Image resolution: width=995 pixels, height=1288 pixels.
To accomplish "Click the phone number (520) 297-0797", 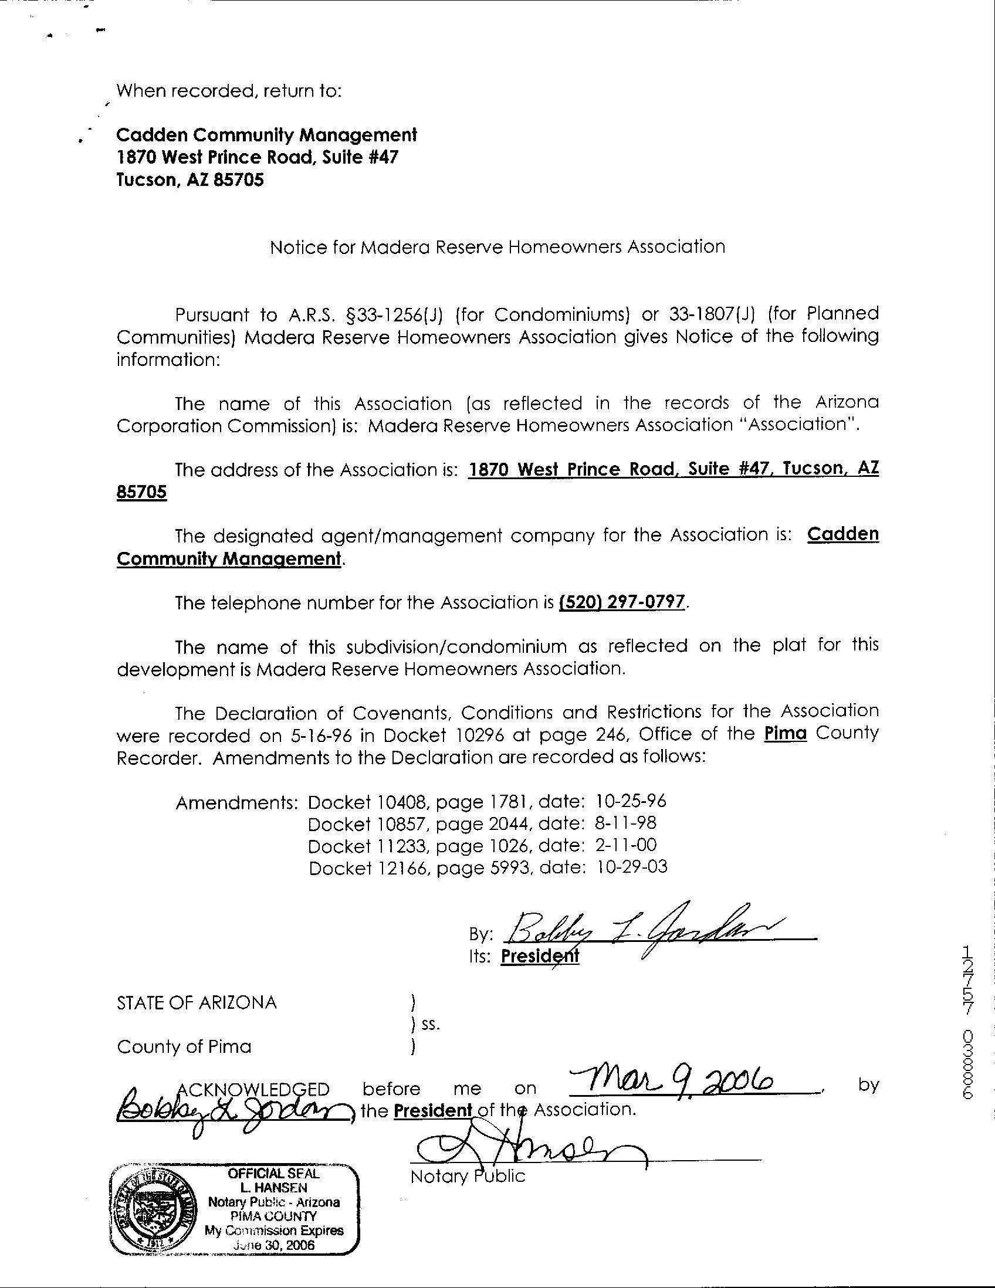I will click(622, 603).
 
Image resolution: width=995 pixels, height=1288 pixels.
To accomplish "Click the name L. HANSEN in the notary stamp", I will click(273, 1188).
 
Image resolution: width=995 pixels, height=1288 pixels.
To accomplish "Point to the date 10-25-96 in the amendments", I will click(631, 801).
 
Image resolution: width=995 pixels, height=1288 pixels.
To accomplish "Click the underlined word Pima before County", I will click(785, 734).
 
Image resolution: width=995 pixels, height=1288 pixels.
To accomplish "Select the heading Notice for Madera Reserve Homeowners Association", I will click(497, 246).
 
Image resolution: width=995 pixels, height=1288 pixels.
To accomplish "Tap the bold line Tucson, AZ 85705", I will click(190, 180).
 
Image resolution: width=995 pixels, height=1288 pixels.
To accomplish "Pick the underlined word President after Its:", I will click(540, 956).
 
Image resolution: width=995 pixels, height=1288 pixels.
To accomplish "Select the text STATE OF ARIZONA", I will click(197, 1002).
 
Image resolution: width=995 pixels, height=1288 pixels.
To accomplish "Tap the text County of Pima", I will click(184, 1047).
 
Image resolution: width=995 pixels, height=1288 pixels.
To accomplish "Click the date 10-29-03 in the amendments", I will click(632, 867).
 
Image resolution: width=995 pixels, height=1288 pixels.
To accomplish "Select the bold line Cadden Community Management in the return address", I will click(266, 135).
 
